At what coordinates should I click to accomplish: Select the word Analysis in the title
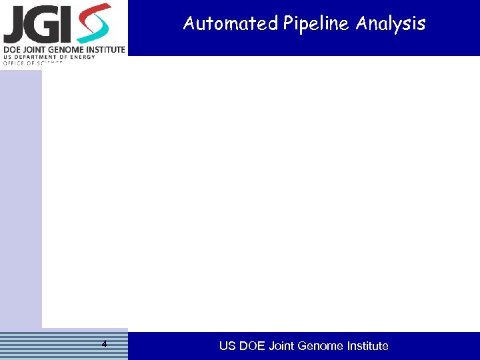click(391, 24)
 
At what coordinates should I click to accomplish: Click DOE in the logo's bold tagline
click(13, 49)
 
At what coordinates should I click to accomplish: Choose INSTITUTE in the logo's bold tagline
click(106, 49)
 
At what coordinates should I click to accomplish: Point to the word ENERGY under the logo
click(83, 57)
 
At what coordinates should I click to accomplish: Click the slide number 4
click(104, 345)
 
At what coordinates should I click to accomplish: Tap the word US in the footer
click(227, 346)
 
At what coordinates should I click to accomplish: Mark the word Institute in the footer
click(367, 346)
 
